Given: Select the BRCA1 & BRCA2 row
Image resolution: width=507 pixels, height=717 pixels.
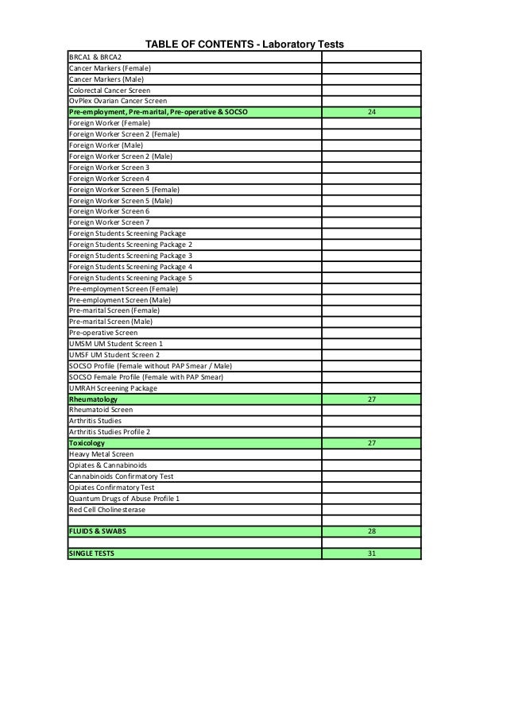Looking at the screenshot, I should (x=95, y=57).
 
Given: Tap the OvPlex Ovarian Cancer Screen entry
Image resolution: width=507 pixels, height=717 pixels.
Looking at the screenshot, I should (x=118, y=101).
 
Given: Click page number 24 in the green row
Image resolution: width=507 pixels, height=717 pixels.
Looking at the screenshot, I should (x=371, y=112).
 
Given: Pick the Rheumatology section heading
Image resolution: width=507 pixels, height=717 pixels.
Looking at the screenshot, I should (x=93, y=399).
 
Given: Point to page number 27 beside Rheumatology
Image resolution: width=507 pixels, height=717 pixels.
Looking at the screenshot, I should (x=371, y=399).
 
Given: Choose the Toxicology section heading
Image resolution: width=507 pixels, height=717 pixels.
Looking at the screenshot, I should (x=87, y=442).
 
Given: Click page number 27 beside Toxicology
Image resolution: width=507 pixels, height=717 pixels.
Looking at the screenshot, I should (x=371, y=442).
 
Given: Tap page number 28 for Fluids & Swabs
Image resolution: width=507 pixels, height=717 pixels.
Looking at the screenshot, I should (x=371, y=531).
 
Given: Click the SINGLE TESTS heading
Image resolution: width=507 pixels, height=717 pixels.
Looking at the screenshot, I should (x=91, y=553).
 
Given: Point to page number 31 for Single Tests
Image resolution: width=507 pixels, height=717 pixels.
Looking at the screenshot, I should (x=371, y=553).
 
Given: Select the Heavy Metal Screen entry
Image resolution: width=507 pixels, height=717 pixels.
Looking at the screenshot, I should (x=101, y=454).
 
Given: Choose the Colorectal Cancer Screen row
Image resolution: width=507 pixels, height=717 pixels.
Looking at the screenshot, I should (x=110, y=91).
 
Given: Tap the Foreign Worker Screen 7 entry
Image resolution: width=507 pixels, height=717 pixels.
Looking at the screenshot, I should (x=109, y=222).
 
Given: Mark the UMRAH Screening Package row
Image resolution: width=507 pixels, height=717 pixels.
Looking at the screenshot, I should (x=113, y=387).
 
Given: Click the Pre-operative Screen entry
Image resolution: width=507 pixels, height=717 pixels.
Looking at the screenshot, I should (x=103, y=333).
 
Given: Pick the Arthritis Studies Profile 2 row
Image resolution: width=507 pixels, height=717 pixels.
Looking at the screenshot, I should (x=110, y=431).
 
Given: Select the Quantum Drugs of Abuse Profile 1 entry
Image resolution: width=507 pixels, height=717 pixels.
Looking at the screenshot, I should (x=124, y=498).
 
